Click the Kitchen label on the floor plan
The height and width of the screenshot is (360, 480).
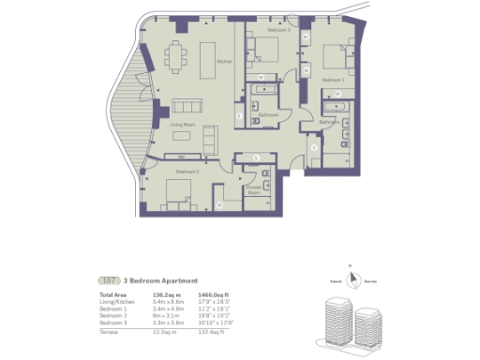tap(223, 62)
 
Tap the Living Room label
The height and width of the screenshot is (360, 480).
tap(182, 123)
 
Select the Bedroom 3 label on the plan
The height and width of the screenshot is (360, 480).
tap(278, 31)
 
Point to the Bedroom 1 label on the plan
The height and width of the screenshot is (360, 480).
tap(333, 81)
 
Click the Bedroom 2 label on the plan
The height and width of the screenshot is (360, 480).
tap(186, 172)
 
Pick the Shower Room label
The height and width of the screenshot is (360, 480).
tap(253, 190)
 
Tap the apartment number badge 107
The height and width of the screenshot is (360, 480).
tap(109, 280)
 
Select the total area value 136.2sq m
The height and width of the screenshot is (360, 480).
tap(165, 295)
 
